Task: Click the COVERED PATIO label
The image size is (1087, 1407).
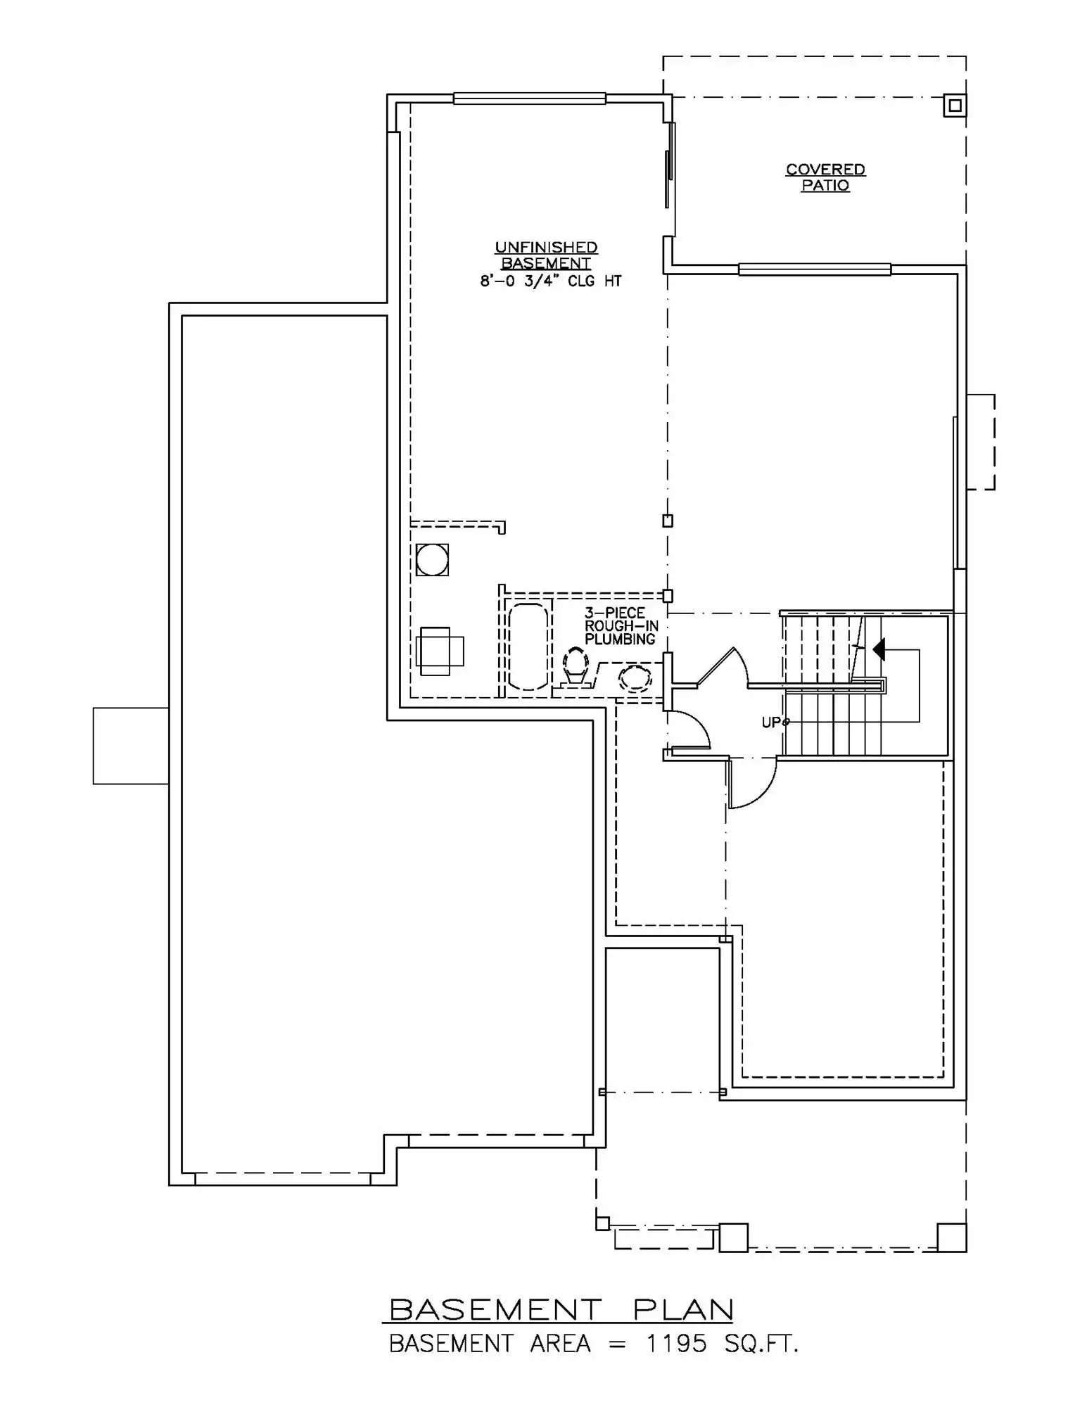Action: click(825, 177)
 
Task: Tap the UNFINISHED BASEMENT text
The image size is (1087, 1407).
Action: click(546, 255)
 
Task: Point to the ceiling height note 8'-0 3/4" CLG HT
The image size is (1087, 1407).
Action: click(551, 281)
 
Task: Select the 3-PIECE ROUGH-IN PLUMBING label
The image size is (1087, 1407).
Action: click(621, 626)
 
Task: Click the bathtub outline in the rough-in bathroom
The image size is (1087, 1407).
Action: click(528, 647)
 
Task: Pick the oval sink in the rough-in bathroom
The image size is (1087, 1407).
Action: click(635, 677)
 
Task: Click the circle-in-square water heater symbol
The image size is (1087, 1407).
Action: click(432, 560)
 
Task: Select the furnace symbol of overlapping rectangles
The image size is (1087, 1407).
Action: click(440, 651)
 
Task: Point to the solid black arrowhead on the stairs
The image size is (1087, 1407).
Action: click(879, 649)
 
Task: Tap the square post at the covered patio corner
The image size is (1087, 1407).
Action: click(955, 106)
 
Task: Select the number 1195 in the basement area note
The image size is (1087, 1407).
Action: click(677, 1344)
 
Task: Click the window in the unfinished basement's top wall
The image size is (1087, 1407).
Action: click(529, 98)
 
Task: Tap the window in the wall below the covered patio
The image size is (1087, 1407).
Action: click(815, 269)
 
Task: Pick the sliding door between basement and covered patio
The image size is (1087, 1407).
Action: click(671, 165)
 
